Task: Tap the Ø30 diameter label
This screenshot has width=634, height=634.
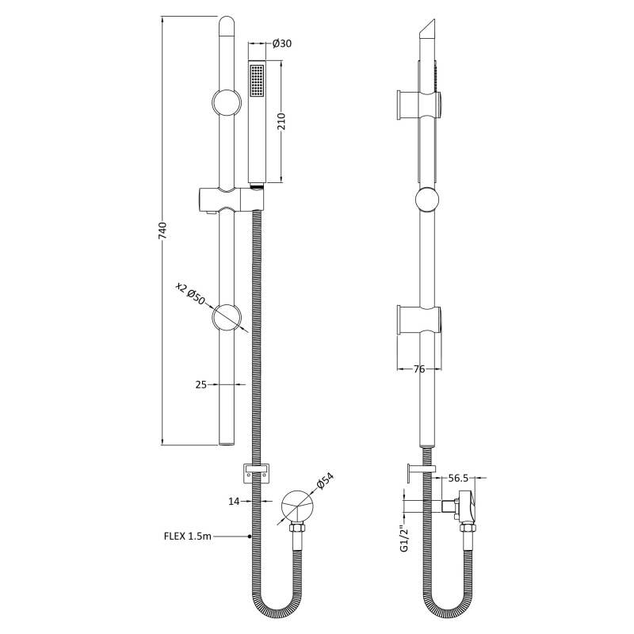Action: pos(282,44)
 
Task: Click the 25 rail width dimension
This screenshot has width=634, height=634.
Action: pos(201,384)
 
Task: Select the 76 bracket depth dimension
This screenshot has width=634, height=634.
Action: pos(419,369)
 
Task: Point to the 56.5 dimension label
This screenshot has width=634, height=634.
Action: pos(460,479)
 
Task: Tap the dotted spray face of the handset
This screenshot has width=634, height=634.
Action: pos(256,82)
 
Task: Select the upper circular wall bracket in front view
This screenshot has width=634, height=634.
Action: pos(228,104)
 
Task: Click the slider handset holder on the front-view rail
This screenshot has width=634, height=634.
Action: pos(225,199)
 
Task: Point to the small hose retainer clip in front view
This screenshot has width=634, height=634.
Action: pos(256,472)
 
